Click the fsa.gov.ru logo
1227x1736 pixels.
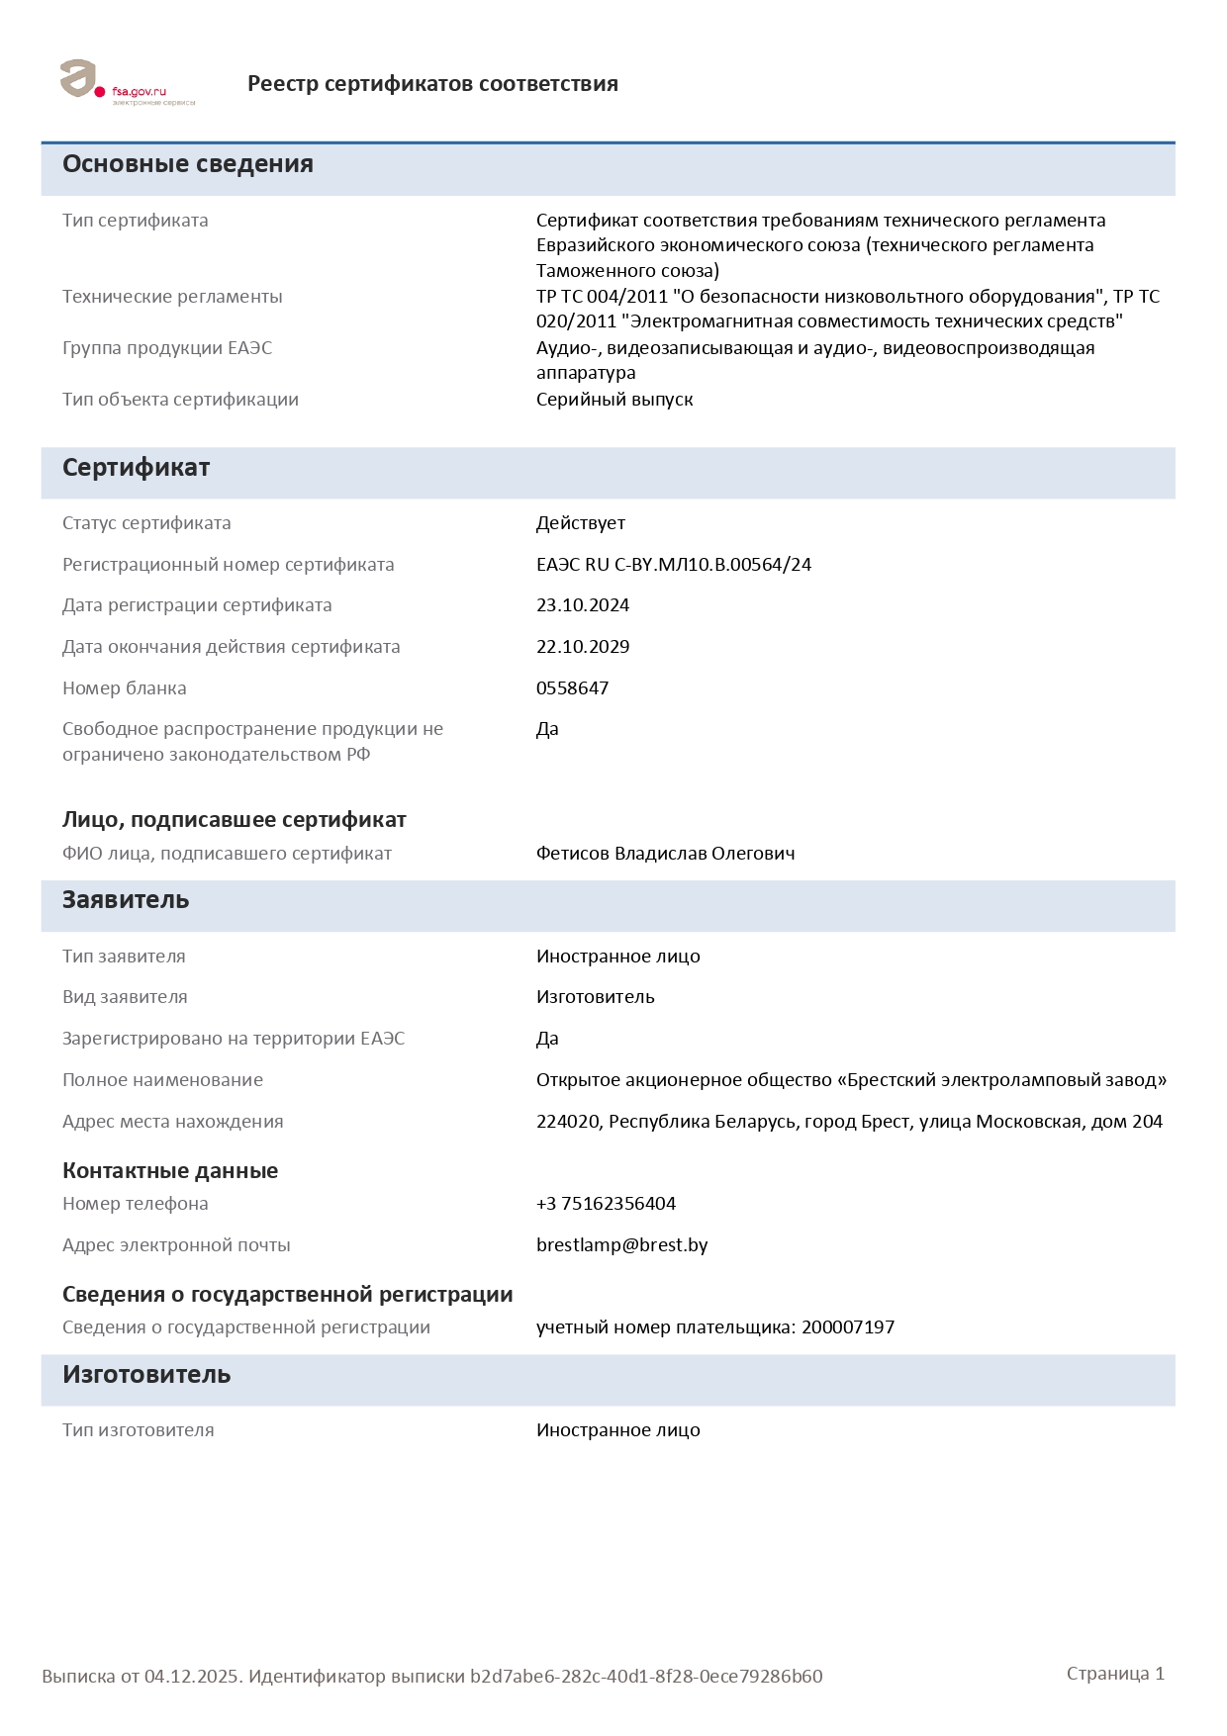coord(127,82)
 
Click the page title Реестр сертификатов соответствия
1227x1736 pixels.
coord(432,84)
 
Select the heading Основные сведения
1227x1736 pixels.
coord(187,164)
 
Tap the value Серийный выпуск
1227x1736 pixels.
coord(614,400)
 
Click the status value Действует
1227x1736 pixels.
coord(581,523)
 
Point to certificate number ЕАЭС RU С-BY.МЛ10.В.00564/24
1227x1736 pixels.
coord(674,565)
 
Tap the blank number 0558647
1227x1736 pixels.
coord(572,688)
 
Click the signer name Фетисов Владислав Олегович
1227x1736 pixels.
coord(665,854)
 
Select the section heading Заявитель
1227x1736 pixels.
coord(126,900)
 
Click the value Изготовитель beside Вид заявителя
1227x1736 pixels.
coord(596,997)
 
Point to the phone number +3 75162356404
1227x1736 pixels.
coord(606,1204)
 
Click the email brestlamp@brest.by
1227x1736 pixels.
coord(621,1245)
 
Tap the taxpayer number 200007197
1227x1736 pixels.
coord(848,1327)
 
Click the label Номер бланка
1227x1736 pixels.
coord(125,688)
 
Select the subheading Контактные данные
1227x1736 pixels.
coord(170,1171)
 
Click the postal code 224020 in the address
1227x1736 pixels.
coord(568,1122)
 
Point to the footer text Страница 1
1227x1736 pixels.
coord(1115,1674)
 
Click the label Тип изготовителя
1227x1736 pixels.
coord(139,1430)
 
